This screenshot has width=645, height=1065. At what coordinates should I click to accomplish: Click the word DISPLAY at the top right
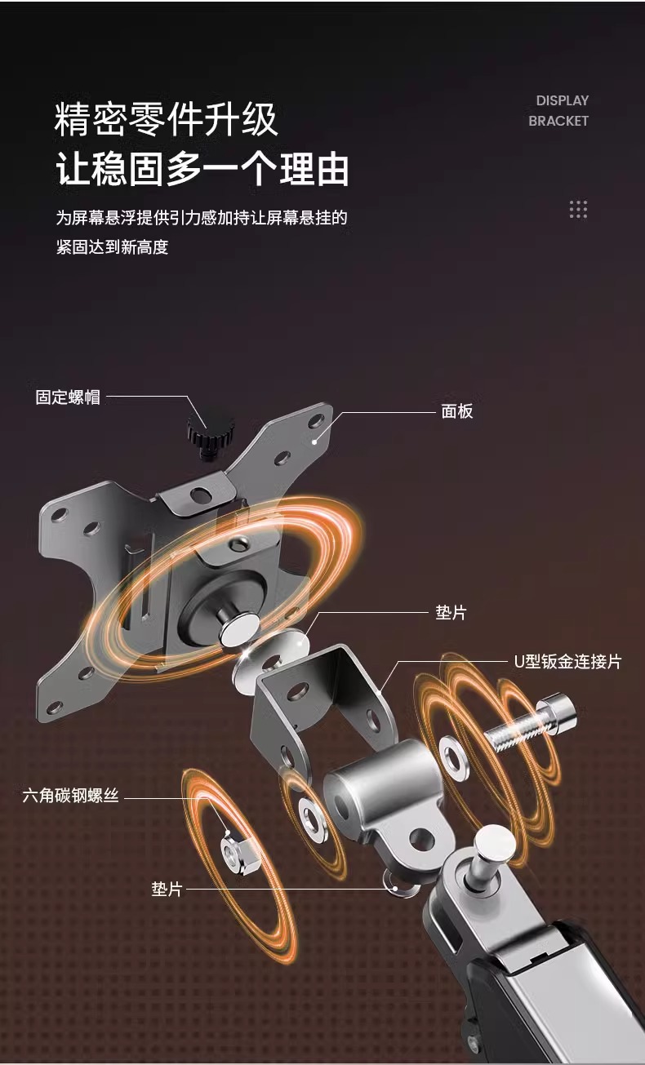[562, 100]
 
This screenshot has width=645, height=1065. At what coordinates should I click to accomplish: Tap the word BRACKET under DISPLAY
[558, 121]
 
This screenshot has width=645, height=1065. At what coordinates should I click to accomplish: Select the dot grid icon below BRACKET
[578, 209]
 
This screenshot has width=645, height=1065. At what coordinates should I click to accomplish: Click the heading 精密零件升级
[167, 120]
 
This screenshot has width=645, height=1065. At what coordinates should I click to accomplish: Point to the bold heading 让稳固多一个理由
[202, 170]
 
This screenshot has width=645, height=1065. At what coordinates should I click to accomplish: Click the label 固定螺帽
[68, 397]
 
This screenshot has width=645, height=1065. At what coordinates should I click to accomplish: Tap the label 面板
[457, 411]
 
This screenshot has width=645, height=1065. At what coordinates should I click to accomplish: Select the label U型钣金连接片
[567, 661]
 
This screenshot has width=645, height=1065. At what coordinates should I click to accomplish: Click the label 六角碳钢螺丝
[71, 795]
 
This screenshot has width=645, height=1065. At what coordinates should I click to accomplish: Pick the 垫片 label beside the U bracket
[451, 612]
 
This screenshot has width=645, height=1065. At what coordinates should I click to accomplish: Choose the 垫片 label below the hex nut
[167, 889]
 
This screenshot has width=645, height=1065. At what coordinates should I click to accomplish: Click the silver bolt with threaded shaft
[531, 726]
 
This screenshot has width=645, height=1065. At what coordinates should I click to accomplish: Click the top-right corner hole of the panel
[317, 420]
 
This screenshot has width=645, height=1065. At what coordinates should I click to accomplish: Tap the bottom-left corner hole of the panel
[56, 708]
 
